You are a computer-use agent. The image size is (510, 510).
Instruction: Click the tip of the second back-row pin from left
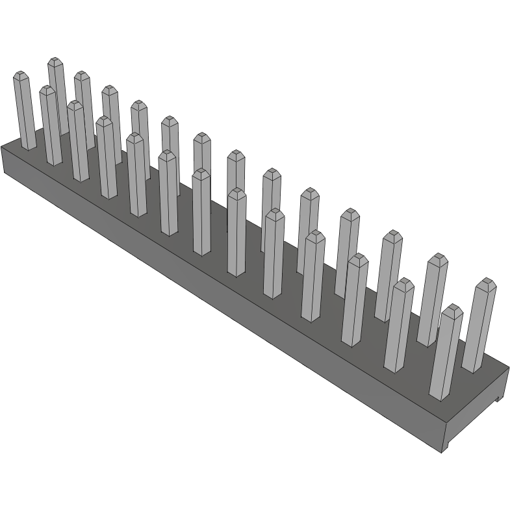coord(82,76)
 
